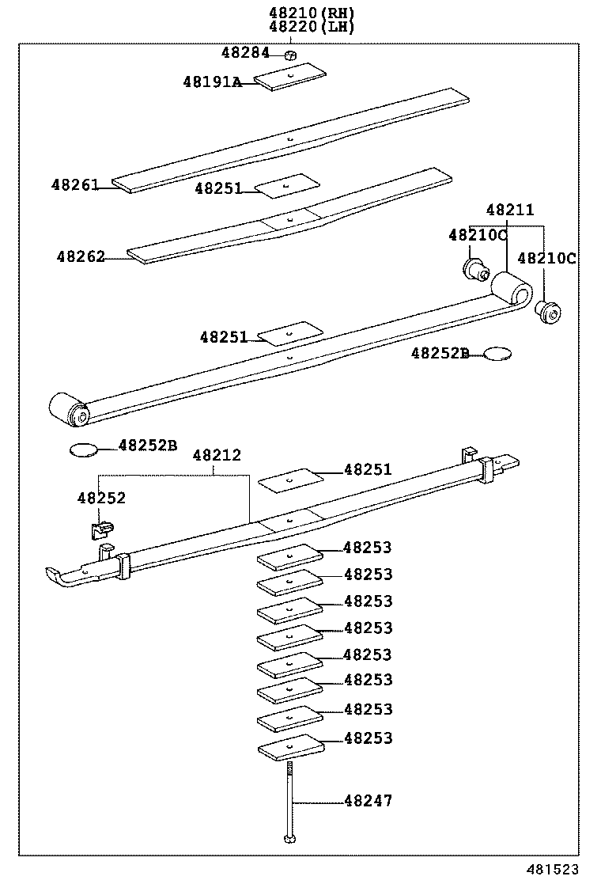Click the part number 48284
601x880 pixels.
[x=245, y=53]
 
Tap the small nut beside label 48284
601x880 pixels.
[x=290, y=55]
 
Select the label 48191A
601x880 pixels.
[x=212, y=81]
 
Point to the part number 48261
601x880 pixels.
[x=75, y=185]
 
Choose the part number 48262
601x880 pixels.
[x=80, y=257]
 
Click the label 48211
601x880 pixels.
[x=510, y=211]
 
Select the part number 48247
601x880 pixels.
[x=368, y=801]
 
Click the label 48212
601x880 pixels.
[x=217, y=455]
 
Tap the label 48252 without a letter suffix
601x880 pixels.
[x=101, y=498]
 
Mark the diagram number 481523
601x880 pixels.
[x=565, y=869]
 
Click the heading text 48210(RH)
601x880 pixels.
[x=312, y=12]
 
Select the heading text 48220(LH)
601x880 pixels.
[x=312, y=26]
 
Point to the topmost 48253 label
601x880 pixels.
[x=368, y=548]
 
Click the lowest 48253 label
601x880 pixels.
[x=368, y=738]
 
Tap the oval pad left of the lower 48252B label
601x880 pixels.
[x=83, y=450]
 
